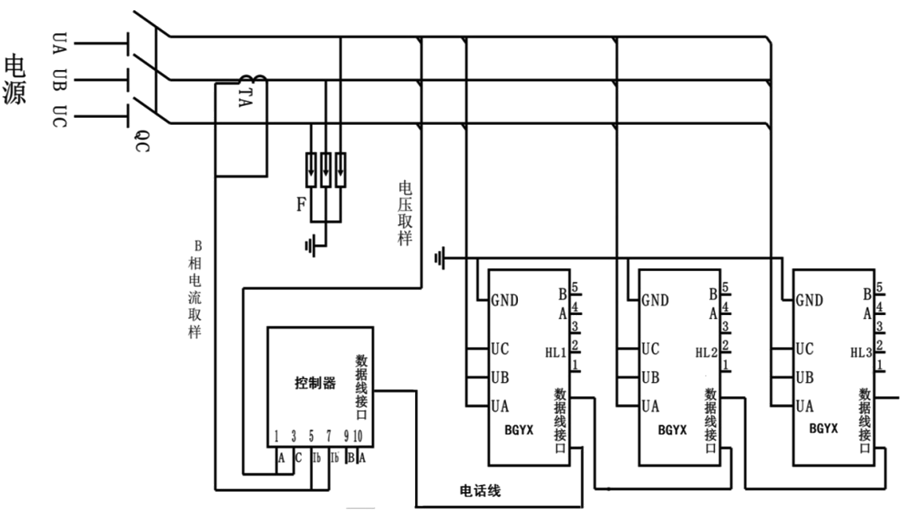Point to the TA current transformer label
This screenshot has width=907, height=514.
click(x=245, y=97)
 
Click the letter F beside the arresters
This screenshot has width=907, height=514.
click(x=300, y=206)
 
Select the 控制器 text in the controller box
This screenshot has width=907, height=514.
click(x=315, y=384)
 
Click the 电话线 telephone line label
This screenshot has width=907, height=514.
click(x=479, y=492)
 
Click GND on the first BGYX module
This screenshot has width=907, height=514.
click(x=505, y=300)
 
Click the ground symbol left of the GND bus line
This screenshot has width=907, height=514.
click(x=439, y=257)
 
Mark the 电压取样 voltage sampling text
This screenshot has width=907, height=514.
click(x=406, y=213)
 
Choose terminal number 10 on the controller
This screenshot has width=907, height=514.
click(x=358, y=436)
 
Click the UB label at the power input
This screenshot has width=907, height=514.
click(x=60, y=79)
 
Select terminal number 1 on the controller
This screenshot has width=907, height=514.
click(x=277, y=436)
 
